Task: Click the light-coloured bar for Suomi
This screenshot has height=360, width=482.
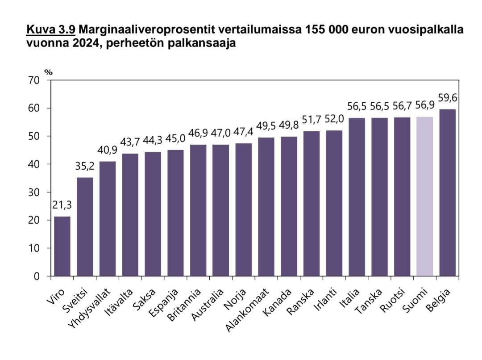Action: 424,197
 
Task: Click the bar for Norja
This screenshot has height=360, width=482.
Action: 243,210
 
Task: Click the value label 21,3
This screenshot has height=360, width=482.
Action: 62,205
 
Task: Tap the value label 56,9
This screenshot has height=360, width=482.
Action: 424,106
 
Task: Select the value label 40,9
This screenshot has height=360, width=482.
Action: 108,150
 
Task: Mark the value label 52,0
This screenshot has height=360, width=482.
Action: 334,119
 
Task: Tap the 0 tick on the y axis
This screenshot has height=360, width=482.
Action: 37,276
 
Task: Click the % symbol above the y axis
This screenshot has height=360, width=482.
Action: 48,71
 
